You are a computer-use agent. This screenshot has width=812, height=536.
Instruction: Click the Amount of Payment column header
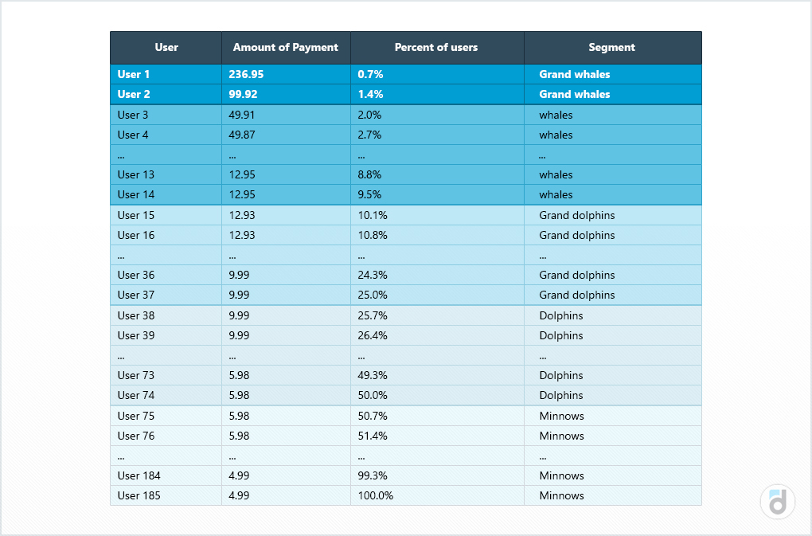[285, 47]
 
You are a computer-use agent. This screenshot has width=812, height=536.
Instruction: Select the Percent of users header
[436, 47]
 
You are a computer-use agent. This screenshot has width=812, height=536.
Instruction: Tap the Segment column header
[611, 47]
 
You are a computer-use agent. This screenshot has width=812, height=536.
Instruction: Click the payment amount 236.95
[246, 74]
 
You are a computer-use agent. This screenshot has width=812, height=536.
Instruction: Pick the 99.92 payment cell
[243, 94]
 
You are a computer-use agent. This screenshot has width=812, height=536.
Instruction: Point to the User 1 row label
[134, 74]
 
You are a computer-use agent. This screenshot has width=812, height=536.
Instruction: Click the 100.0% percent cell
[375, 495]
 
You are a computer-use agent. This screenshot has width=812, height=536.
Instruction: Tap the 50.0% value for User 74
[373, 395]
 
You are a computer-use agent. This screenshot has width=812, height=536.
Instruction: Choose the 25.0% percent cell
[373, 295]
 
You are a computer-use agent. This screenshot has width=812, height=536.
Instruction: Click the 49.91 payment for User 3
[242, 115]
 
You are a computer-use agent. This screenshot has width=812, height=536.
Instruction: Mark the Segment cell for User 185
[561, 495]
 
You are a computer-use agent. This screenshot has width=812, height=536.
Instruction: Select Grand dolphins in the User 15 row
[576, 215]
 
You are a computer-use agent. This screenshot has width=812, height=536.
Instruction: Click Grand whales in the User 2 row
[574, 94]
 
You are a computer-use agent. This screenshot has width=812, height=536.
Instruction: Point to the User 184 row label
[139, 475]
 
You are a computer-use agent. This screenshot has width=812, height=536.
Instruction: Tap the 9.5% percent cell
[369, 194]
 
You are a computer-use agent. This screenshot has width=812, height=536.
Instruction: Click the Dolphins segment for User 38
[560, 315]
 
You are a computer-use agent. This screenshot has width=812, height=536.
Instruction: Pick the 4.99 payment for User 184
[239, 475]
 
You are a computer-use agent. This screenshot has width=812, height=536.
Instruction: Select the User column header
[166, 47]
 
